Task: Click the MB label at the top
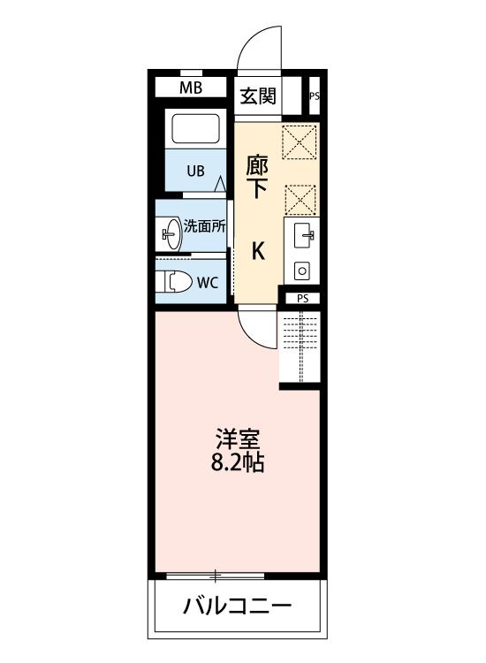pyautogui.click(x=191, y=88)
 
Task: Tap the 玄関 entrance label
pyautogui.click(x=257, y=95)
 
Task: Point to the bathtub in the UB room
pyautogui.click(x=197, y=129)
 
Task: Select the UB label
pyautogui.click(x=195, y=171)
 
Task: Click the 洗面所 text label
pyautogui.click(x=204, y=225)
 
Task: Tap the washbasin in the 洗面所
pyautogui.click(x=170, y=234)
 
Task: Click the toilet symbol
pyautogui.click(x=174, y=282)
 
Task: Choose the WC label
pyautogui.click(x=209, y=283)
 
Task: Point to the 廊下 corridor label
pyautogui.click(x=258, y=176)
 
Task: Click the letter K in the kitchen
pyautogui.click(x=258, y=252)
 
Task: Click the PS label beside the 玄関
pyautogui.click(x=314, y=96)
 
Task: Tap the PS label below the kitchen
pyautogui.click(x=302, y=299)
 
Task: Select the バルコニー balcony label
pyautogui.click(x=238, y=606)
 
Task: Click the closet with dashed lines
pyautogui.click(x=300, y=348)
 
